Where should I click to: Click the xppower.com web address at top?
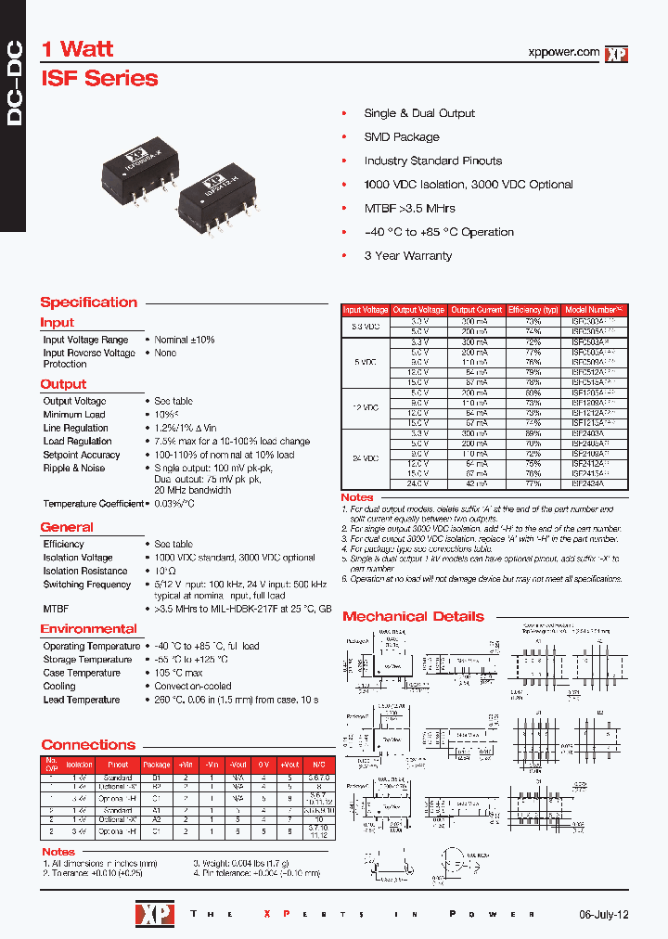562,53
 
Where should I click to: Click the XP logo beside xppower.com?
617,55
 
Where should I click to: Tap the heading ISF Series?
99,79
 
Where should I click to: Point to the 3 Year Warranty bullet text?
408,255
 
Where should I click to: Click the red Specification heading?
88,302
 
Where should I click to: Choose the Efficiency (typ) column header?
533,310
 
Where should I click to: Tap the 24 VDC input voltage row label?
366,458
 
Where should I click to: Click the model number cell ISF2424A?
587,484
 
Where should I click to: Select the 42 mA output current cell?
476,484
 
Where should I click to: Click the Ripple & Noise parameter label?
74,469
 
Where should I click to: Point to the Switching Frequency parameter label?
87,585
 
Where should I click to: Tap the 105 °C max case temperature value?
178,673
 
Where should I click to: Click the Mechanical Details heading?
413,616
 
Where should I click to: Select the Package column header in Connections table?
157,765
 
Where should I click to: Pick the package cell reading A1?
157,810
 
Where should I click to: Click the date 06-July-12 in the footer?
603,914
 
